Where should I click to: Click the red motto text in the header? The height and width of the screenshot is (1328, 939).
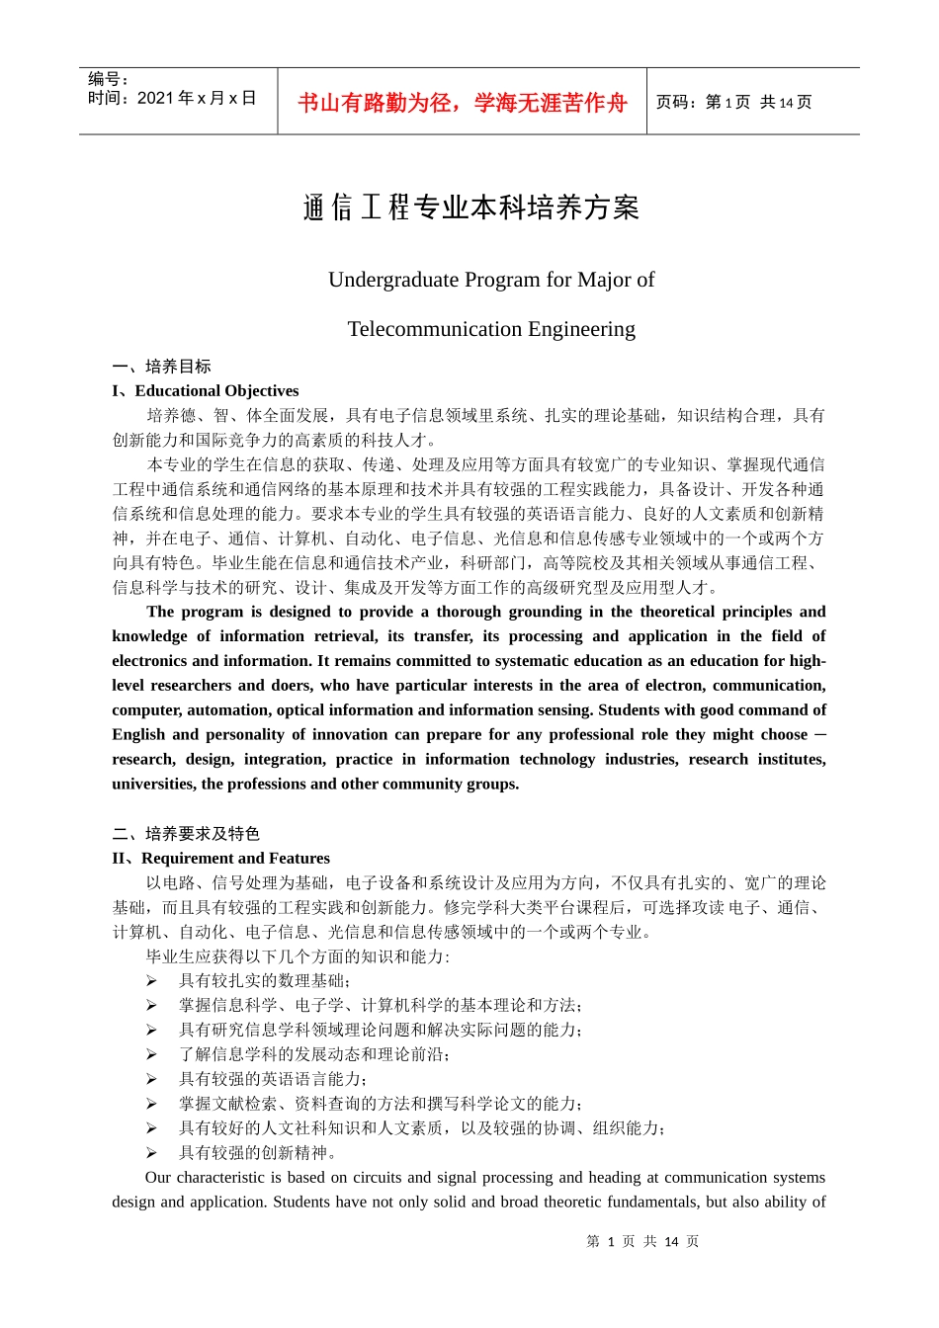click(x=462, y=103)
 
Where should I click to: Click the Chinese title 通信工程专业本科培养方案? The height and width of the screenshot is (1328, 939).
click(x=470, y=207)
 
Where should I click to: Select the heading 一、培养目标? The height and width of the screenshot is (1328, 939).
click(x=161, y=367)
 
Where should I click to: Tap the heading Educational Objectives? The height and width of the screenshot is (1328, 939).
click(x=216, y=391)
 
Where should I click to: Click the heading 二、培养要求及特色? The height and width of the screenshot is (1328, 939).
click(x=186, y=834)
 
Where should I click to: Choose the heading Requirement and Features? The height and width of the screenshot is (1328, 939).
click(x=235, y=859)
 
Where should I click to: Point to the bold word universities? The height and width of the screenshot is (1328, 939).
click(x=153, y=785)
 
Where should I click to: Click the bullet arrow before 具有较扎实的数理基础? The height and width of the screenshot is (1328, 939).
click(x=151, y=981)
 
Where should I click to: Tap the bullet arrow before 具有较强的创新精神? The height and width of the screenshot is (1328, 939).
click(x=151, y=1153)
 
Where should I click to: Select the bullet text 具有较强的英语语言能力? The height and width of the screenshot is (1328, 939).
click(x=273, y=1079)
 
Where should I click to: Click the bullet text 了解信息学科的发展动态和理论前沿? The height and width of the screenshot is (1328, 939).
click(x=314, y=1054)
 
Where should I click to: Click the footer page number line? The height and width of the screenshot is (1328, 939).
click(x=642, y=1242)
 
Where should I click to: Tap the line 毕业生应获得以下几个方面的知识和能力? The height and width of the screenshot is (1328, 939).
click(x=298, y=956)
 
